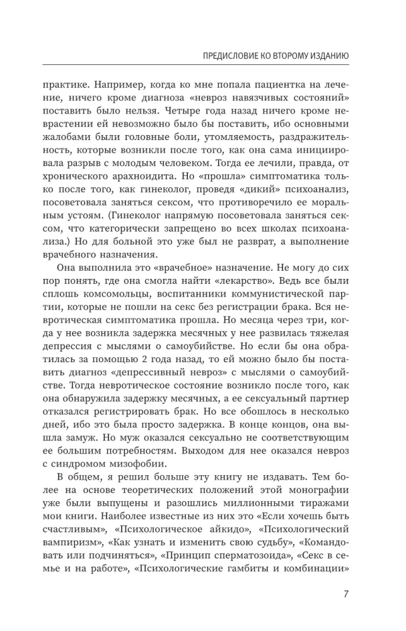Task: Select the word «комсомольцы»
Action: tap(115, 304)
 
